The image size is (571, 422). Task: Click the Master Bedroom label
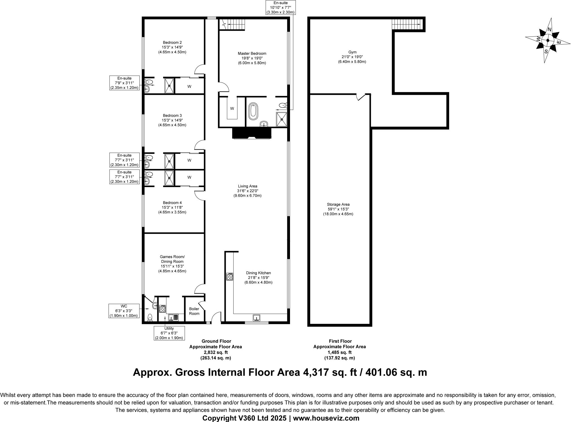[252, 58]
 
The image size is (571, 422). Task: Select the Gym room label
[352, 57]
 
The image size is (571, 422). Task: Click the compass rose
[547, 40]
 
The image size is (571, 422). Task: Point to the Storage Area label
[338, 209]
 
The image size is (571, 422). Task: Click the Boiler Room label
[194, 311]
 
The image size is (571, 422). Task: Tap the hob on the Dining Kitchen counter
[230, 277]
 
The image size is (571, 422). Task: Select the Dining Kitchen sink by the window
[257, 318]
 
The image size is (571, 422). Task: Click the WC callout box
[124, 311]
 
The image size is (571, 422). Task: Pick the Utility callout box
[169, 333]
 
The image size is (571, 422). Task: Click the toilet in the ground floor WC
[150, 317]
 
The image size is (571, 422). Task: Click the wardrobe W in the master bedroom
[232, 108]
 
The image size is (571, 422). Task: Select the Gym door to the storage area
[361, 97]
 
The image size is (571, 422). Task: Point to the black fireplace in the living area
[252, 133]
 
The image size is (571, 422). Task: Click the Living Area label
[247, 191]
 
